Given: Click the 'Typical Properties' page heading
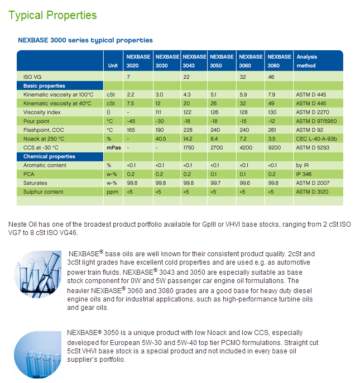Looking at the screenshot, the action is (52, 16).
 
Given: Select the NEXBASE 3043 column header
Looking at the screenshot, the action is (194, 61).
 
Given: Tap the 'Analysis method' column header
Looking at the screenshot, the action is (307, 61).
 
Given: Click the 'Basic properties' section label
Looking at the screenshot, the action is (44, 86).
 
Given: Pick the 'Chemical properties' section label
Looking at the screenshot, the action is (49, 156).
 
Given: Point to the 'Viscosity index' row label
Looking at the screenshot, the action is (42, 112).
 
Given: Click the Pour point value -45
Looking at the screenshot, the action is (131, 121).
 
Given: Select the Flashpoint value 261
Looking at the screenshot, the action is (272, 130).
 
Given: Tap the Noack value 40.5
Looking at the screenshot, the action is (161, 139).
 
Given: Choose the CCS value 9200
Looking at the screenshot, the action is (274, 148).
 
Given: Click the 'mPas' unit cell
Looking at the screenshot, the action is (114, 148).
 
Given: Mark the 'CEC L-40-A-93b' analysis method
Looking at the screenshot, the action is (316, 139).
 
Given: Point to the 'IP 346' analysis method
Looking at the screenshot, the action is (304, 174).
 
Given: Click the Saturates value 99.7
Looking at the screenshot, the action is (215, 183).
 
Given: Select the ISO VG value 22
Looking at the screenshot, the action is (186, 77).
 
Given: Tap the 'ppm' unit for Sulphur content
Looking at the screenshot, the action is (112, 192).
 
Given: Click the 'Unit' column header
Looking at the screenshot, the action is (113, 66).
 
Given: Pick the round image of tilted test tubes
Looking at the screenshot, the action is (37, 274).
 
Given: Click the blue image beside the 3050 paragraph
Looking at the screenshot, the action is (37, 355).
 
